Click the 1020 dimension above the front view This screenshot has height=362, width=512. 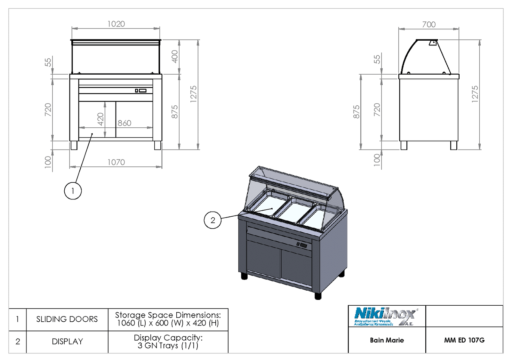(x=116, y=24)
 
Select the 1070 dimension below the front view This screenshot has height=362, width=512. (x=116, y=162)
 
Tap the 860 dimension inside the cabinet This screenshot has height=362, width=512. (x=124, y=123)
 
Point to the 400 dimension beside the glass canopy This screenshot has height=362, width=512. (x=174, y=57)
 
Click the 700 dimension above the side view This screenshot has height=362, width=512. (x=429, y=25)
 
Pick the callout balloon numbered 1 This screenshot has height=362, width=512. (x=73, y=191)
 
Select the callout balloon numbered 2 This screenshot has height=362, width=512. (x=212, y=220)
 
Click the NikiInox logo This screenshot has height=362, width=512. (x=385, y=317)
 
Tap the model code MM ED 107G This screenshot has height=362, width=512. (x=464, y=340)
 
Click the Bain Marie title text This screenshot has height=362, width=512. (x=387, y=340)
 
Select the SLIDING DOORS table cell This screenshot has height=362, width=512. (x=67, y=319)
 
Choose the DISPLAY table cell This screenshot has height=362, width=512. (x=67, y=342)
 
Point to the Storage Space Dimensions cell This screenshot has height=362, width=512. (x=168, y=319)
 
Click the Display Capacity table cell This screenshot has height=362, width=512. (x=168, y=342)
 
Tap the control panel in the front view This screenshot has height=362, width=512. (x=141, y=91)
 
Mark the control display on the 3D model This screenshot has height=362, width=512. (x=302, y=245)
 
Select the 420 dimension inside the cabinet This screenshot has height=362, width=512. (x=100, y=119)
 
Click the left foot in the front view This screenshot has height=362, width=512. (x=74, y=145)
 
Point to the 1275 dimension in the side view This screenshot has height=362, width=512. (x=475, y=94)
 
